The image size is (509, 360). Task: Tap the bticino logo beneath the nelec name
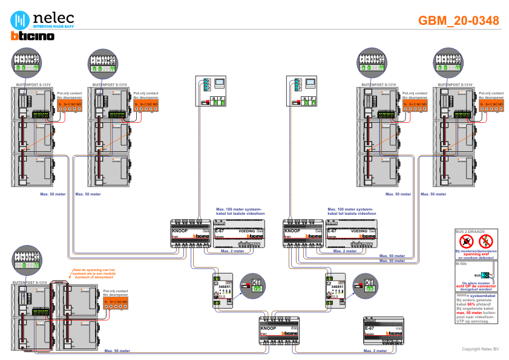33,36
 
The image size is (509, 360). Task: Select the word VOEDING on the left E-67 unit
247,231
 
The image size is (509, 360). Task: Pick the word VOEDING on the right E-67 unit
360,231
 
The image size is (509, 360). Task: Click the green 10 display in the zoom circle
257,289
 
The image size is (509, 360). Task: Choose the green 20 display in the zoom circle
369,289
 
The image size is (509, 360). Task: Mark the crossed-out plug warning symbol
466,243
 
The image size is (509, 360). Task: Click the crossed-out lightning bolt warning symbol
484,243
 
